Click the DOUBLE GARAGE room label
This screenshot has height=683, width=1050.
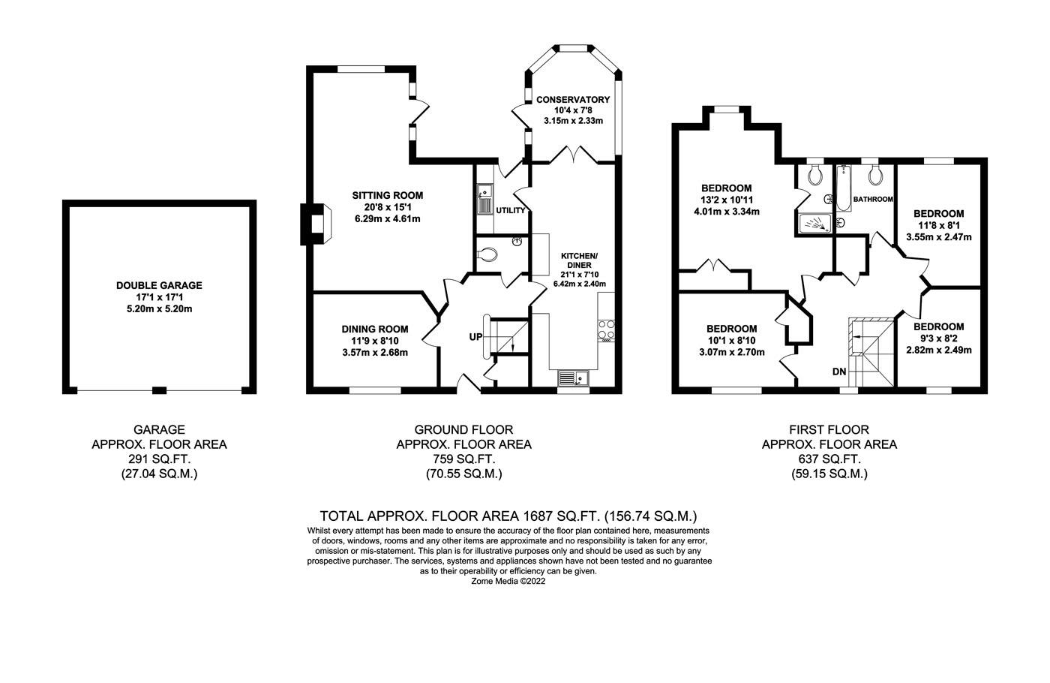(159, 285)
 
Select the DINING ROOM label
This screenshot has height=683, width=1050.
(375, 329)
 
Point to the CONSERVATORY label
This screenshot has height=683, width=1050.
(573, 99)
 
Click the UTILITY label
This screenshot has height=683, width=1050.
(510, 211)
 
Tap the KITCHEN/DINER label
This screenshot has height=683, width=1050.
(580, 260)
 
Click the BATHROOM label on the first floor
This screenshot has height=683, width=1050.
(873, 199)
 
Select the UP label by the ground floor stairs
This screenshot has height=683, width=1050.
(475, 337)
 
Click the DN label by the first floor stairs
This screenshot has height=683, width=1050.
(839, 372)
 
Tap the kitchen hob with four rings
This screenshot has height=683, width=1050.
(606, 330)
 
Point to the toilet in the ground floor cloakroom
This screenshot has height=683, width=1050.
(487, 254)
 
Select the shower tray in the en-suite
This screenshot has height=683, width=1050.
(814, 222)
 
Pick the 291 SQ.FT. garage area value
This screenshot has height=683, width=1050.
(159, 459)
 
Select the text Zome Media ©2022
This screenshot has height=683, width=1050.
(508, 581)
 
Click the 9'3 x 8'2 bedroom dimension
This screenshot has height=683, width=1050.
(938, 338)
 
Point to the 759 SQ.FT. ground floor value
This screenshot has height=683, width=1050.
(463, 459)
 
